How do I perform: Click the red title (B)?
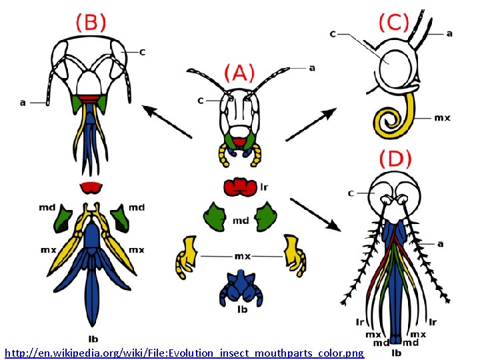pyautogui.click(x=91, y=23)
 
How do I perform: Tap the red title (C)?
pyautogui.click(x=393, y=23)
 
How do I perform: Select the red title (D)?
pyautogui.click(x=395, y=159)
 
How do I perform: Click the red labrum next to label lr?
pyautogui.click(x=240, y=187)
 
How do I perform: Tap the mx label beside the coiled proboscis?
pyautogui.click(x=442, y=118)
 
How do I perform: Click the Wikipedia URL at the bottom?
pyautogui.click(x=184, y=352)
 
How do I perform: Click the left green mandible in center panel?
pyautogui.click(x=215, y=218)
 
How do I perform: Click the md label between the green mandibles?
pyautogui.click(x=241, y=221)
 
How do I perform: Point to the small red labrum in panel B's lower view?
pyautogui.click(x=89, y=187)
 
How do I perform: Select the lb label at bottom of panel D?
pyautogui.click(x=397, y=352)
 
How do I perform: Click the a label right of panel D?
pyautogui.click(x=441, y=244)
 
